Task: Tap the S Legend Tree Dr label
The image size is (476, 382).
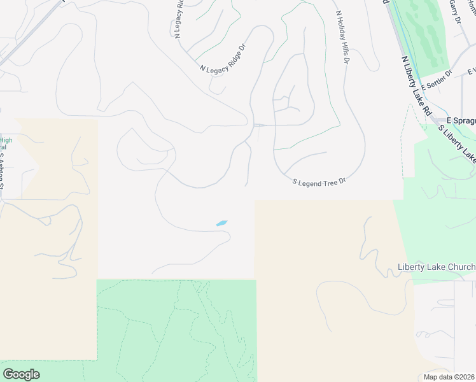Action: [x=318, y=181]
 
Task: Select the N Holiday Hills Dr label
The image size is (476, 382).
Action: [x=342, y=37]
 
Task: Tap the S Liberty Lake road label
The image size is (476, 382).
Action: [x=456, y=142]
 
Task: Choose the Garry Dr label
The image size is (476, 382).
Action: [x=454, y=11]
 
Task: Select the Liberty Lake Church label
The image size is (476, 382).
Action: [x=436, y=267]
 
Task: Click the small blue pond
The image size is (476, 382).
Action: [x=221, y=223]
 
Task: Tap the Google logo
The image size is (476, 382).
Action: [x=21, y=374]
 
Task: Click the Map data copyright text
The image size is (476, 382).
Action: [x=449, y=377]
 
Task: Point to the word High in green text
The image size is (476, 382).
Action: [x=6, y=140]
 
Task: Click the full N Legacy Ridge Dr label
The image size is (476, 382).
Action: [x=222, y=58]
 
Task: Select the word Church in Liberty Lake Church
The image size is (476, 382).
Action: [x=461, y=267]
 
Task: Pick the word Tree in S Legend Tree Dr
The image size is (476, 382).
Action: [x=326, y=181]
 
